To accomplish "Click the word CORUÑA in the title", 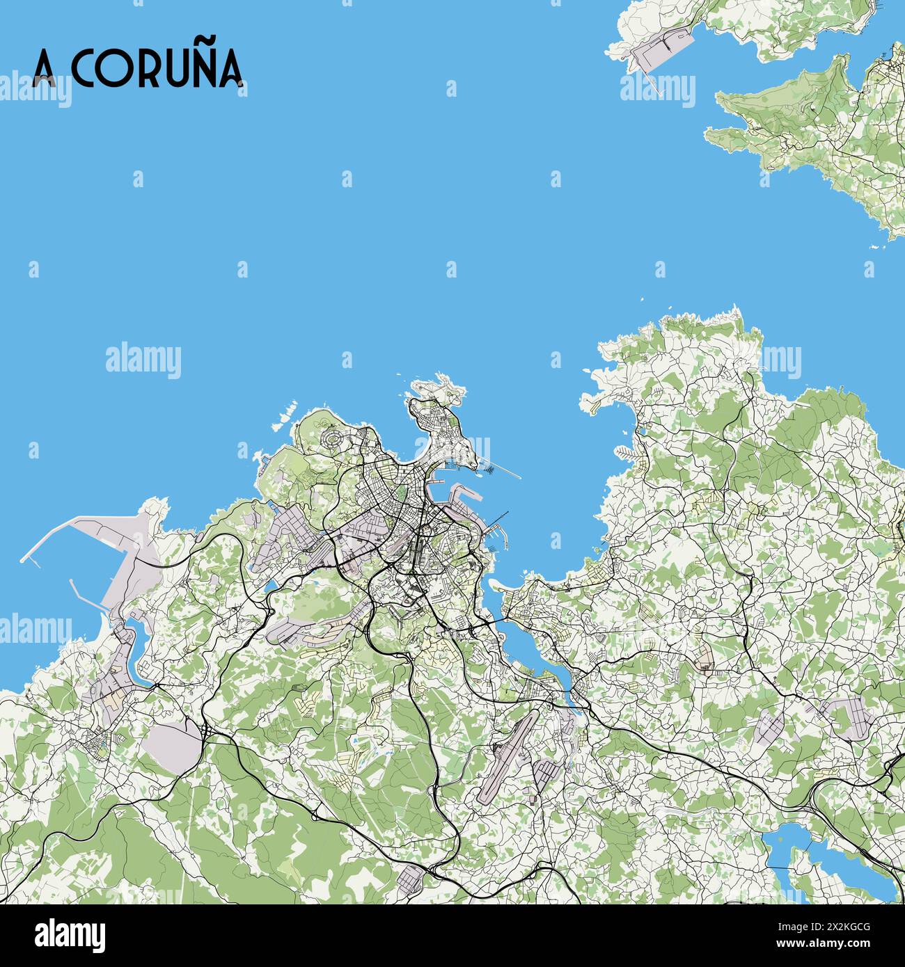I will click(158, 68).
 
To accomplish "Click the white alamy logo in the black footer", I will click(69, 936).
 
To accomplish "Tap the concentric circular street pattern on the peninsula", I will click(333, 440).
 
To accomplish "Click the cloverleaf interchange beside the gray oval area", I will click(206, 730).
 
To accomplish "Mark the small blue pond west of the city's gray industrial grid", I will click(268, 591).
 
